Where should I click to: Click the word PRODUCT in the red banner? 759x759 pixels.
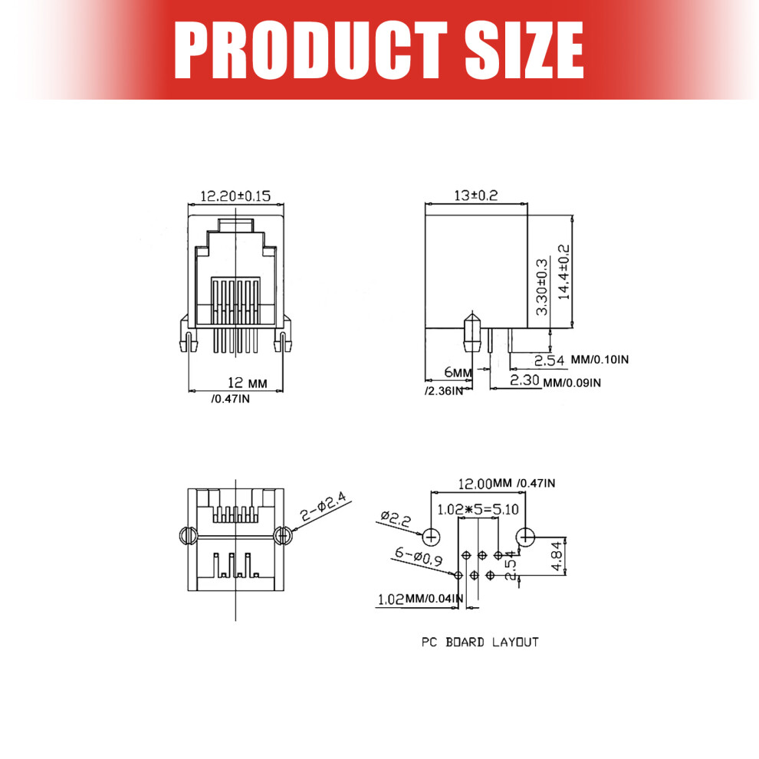(310, 50)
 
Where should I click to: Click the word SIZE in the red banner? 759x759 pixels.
(524, 50)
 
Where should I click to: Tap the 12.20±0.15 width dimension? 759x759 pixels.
(235, 196)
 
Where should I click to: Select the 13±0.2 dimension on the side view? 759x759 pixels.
(476, 195)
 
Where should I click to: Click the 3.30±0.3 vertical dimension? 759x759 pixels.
(542, 287)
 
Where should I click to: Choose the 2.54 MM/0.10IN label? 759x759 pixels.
(581, 360)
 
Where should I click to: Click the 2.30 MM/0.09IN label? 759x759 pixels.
(555, 381)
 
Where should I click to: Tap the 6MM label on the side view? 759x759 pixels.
(458, 373)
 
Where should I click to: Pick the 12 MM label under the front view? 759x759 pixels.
(248, 383)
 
